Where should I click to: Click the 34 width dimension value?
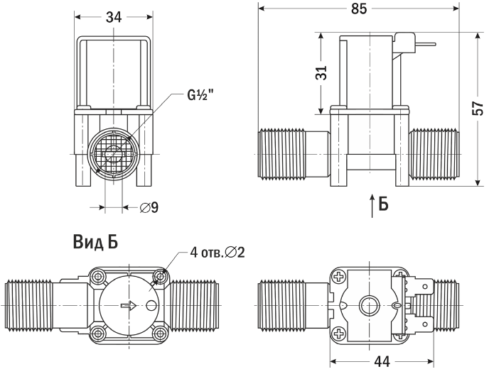(114, 18)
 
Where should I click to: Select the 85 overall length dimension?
(359, 9)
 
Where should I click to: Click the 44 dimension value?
(382, 362)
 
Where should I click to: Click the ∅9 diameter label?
(149, 208)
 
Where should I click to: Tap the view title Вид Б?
(95, 242)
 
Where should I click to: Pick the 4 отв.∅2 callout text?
(218, 253)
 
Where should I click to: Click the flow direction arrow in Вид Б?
(127, 307)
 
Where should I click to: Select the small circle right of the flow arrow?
(151, 307)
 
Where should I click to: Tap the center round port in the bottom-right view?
(368, 306)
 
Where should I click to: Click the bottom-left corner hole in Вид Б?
(98, 332)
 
